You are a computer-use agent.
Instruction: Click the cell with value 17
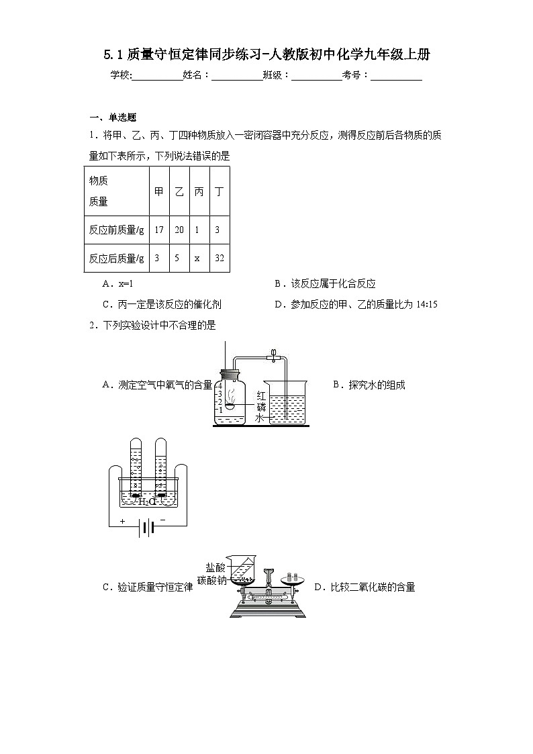point(159,230)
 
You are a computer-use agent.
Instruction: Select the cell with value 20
point(179,230)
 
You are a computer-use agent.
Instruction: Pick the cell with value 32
point(219,258)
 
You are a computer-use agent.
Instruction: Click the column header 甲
point(159,191)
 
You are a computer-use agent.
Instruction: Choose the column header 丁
point(219,191)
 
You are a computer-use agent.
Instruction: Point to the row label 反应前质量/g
point(117,230)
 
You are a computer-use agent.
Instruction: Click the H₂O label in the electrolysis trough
point(147,501)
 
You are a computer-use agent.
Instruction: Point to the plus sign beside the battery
point(123,521)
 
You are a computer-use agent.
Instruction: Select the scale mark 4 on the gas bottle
point(220,385)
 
